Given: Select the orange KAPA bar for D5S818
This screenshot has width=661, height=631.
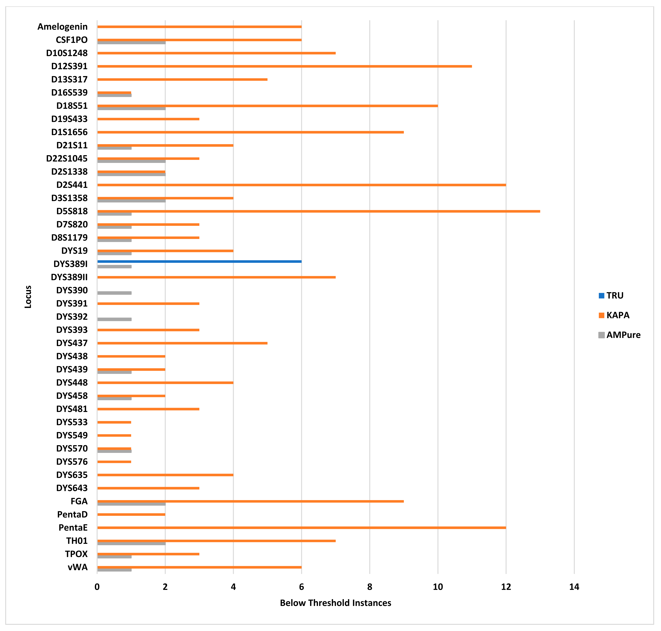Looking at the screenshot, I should [318, 211].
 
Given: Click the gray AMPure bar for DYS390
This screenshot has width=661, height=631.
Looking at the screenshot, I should [114, 293].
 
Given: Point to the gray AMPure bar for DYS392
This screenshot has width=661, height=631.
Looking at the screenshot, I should [114, 319].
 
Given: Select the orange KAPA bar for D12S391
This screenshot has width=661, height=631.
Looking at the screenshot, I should [284, 66].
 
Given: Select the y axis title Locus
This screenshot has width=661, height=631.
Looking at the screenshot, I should [28, 297].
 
